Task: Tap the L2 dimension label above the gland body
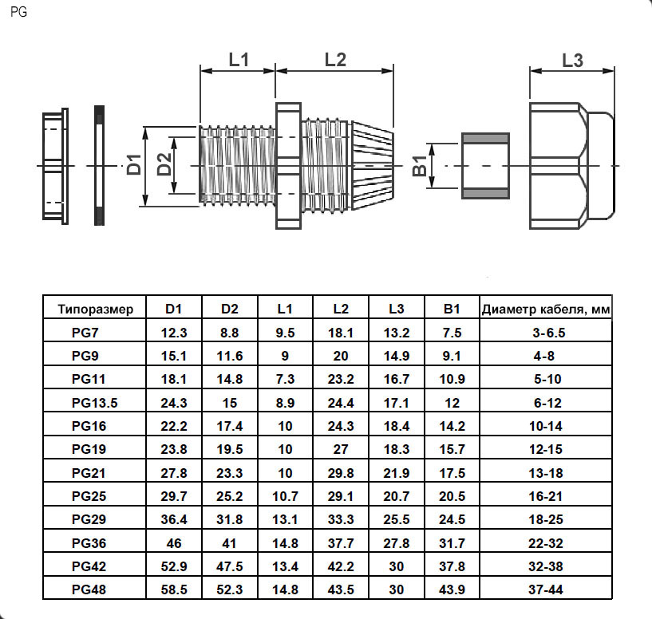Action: tap(335, 59)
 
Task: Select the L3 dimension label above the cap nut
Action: tap(572, 59)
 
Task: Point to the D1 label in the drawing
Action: tap(135, 164)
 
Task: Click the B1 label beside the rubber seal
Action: tap(418, 167)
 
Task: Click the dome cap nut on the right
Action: tap(572, 165)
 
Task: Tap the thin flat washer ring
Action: tap(99, 166)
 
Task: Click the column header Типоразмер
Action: tap(96, 309)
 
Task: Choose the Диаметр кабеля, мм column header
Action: tap(546, 309)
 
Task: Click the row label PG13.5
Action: tap(96, 403)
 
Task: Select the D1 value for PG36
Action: tap(175, 543)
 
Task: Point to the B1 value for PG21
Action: tap(452, 473)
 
